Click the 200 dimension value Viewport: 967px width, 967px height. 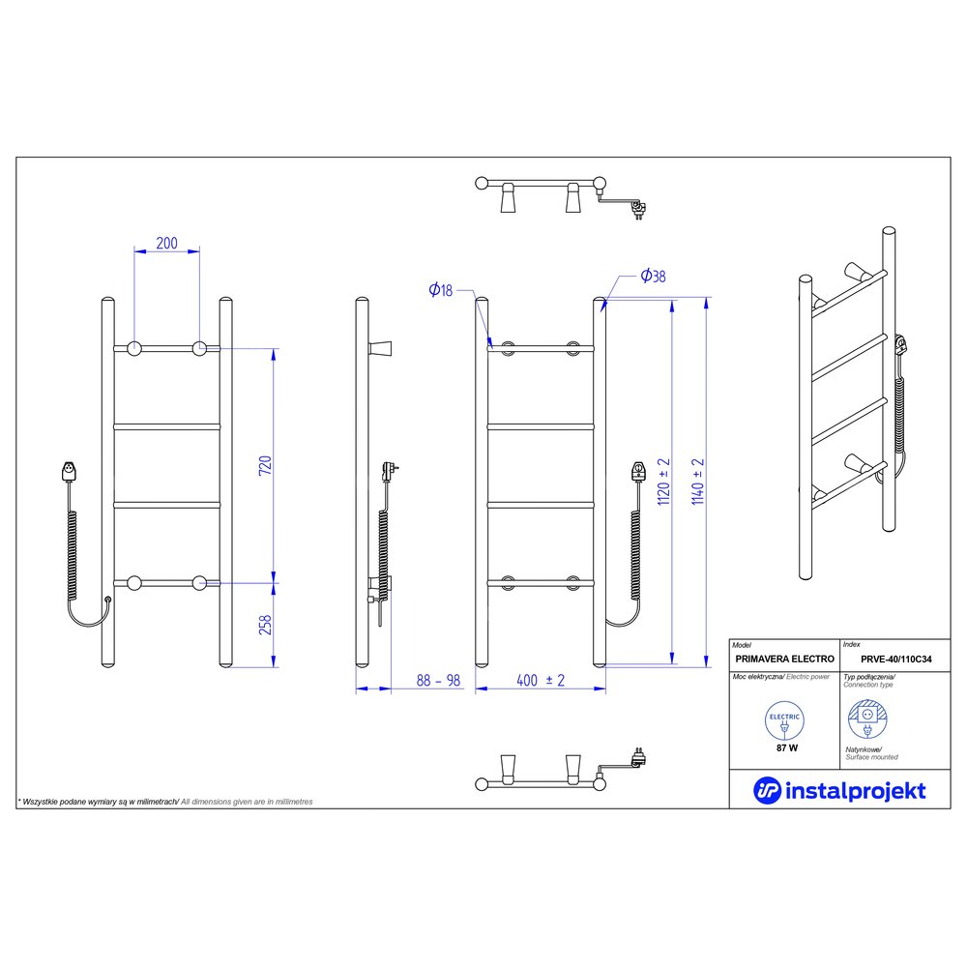click(166, 243)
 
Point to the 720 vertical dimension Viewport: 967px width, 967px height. click(265, 465)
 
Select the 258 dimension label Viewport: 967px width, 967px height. click(265, 625)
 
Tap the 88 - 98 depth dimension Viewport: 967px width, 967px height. click(438, 680)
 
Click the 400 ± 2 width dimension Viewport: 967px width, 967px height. click(541, 680)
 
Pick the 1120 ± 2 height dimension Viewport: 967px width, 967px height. click(663, 482)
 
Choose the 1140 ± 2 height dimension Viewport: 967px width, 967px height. click(697, 482)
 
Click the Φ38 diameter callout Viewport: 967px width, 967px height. click(653, 276)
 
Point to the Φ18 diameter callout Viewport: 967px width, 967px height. click(440, 289)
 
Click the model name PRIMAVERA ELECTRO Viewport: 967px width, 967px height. click(784, 659)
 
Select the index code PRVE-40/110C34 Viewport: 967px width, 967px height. click(896, 659)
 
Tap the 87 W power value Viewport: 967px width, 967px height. click(787, 748)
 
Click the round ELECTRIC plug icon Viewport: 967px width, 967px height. click(784, 720)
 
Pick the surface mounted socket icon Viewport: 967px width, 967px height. click(867, 719)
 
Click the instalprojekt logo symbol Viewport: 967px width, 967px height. click(767, 791)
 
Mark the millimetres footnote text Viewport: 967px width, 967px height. click(165, 802)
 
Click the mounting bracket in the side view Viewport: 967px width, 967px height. click(381, 348)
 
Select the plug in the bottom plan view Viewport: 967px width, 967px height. click(639, 757)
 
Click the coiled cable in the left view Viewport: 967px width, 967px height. click(73, 555)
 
